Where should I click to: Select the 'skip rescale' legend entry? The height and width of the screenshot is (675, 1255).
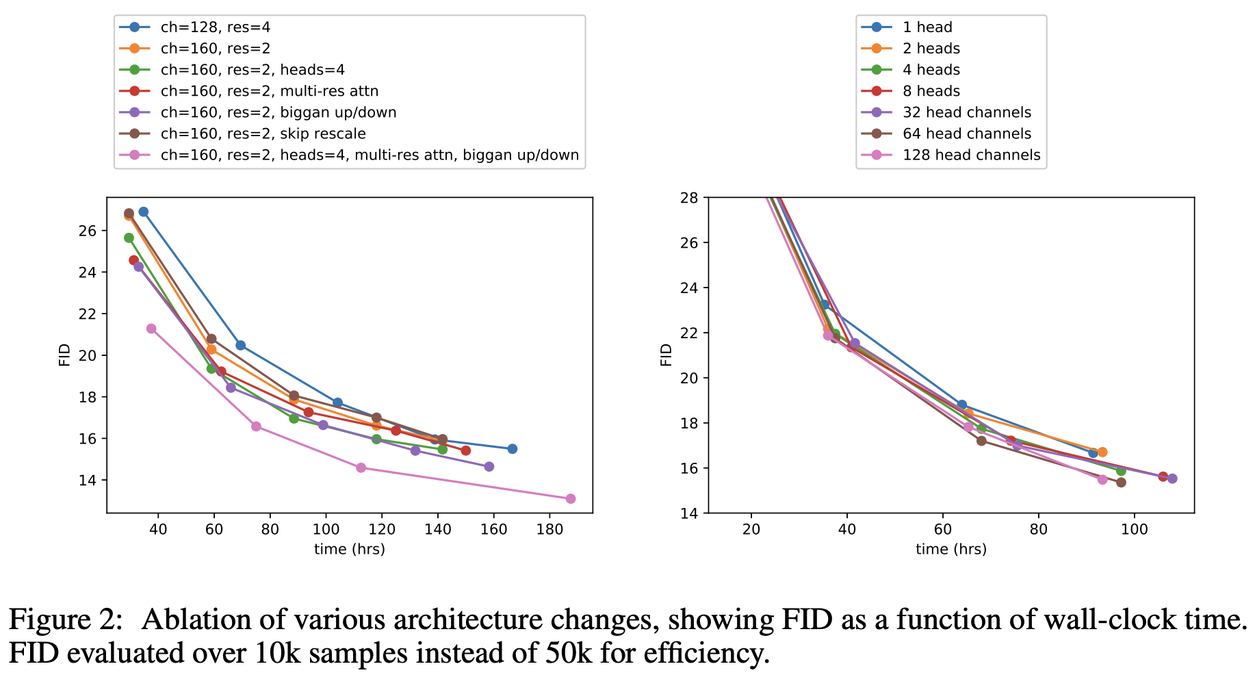tap(263, 133)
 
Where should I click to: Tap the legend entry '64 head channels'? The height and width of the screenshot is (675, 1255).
tap(966, 133)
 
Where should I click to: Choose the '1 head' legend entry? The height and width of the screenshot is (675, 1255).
tap(927, 27)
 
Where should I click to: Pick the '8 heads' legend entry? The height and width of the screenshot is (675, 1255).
tap(931, 91)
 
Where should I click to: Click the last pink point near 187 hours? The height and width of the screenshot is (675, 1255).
tap(571, 498)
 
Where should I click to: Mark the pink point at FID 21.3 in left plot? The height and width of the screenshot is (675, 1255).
tap(151, 329)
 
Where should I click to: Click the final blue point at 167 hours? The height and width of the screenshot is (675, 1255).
tap(513, 448)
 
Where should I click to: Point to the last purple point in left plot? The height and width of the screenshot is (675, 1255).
tap(489, 466)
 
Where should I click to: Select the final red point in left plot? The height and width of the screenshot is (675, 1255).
tap(465, 450)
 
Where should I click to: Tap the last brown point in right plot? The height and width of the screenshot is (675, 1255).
tap(1121, 483)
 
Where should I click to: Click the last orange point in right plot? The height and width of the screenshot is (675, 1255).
tap(1102, 452)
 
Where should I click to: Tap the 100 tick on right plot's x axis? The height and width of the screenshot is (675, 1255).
tap(1135, 530)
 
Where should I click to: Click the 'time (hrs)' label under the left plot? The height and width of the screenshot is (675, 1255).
tap(349, 549)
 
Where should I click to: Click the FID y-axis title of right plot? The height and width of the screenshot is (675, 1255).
tap(666, 355)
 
